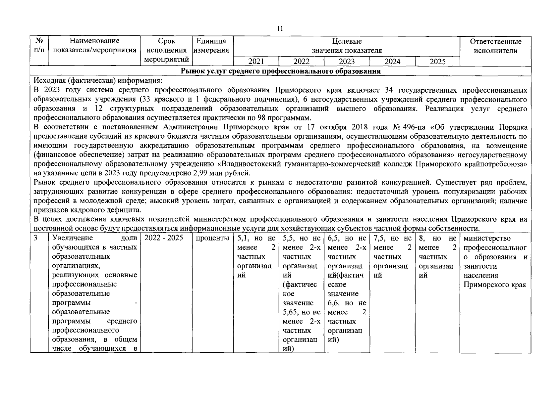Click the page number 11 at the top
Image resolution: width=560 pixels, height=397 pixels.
point(280,29)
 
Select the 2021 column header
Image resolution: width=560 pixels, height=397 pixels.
point(256,62)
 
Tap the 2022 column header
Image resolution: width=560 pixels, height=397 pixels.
point(302,62)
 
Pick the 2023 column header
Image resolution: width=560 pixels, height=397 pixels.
point(347,62)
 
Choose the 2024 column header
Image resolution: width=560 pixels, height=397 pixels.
point(392,62)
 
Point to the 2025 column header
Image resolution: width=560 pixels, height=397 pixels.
point(437,62)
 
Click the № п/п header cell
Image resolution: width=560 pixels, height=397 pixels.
point(39,46)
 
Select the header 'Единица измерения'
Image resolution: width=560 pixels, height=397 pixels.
point(211,46)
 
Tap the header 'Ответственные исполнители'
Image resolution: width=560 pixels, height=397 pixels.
point(495,46)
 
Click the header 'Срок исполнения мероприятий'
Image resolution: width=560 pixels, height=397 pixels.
point(167,50)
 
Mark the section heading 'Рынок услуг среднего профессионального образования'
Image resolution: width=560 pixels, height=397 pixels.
point(280,71)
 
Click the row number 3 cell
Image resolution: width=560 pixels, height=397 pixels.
point(35,238)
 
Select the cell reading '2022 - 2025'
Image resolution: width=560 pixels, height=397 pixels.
point(164,238)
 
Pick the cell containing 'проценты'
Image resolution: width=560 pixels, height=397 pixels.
point(212,238)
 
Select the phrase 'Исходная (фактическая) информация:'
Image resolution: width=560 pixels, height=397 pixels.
point(98,81)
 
